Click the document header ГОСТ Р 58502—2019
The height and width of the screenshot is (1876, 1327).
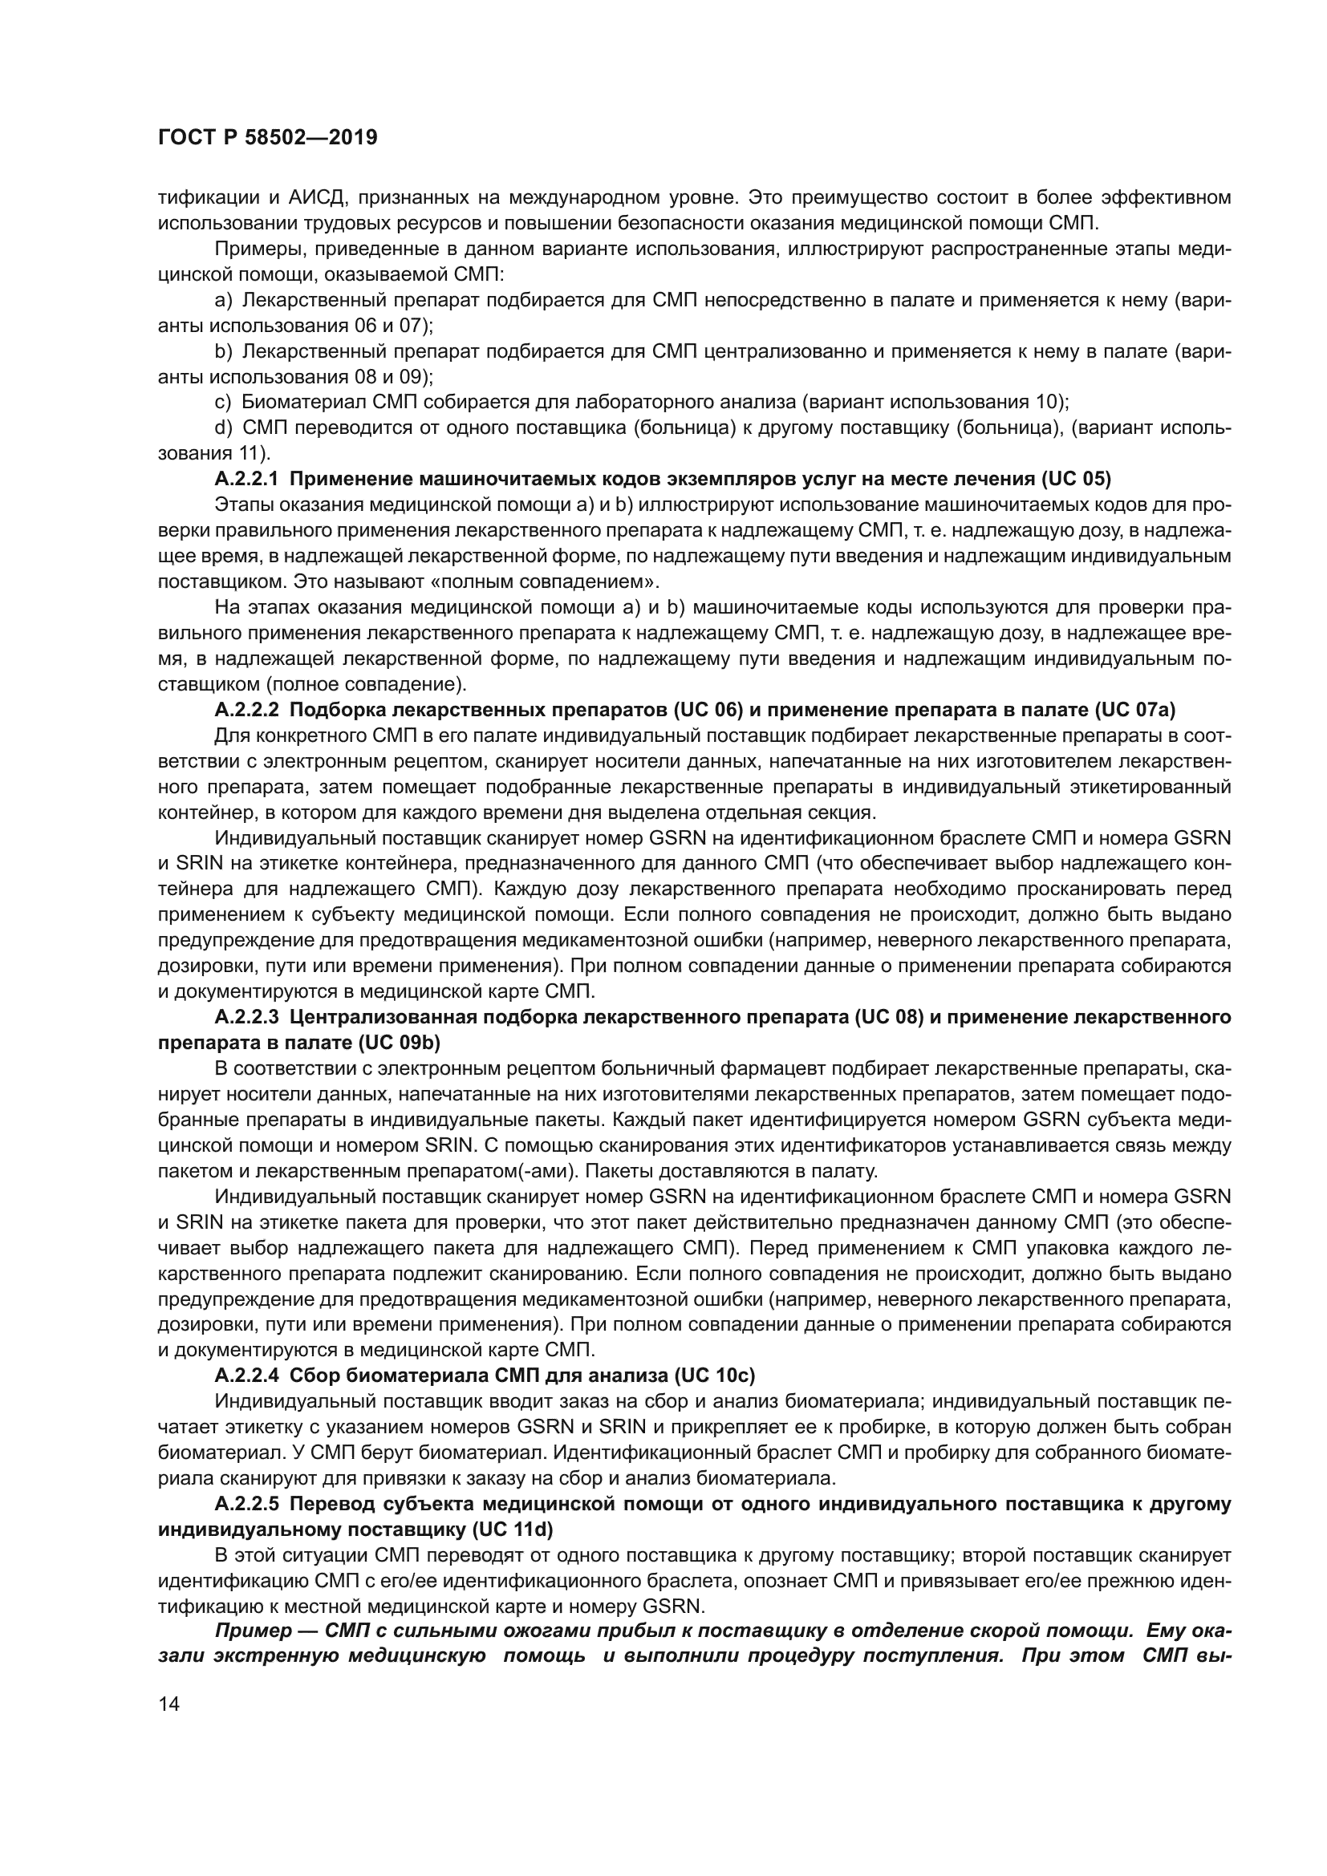[267, 138]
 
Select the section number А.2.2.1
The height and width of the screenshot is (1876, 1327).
[247, 479]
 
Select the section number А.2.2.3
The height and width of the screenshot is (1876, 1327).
[247, 1017]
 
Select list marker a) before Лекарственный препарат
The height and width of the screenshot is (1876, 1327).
[223, 301]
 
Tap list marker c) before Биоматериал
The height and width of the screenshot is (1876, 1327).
[223, 403]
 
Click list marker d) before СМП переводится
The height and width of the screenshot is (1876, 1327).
[223, 428]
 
